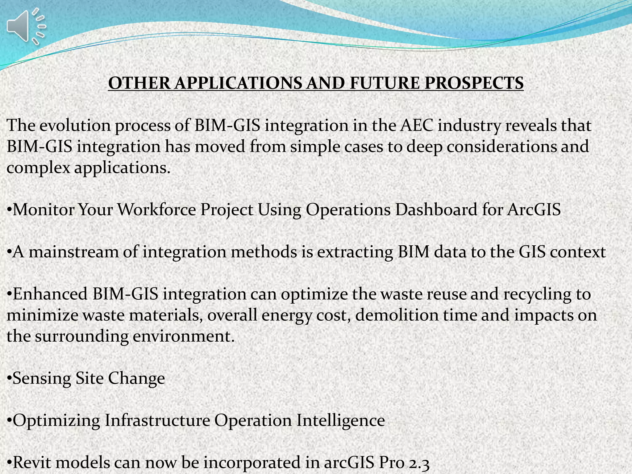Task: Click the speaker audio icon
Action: click(25, 26)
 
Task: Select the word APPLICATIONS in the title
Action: click(238, 83)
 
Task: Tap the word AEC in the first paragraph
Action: click(416, 126)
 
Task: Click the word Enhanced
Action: click(50, 294)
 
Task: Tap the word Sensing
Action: click(42, 378)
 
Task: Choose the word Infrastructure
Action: click(157, 420)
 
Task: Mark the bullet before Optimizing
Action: click(9, 420)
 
